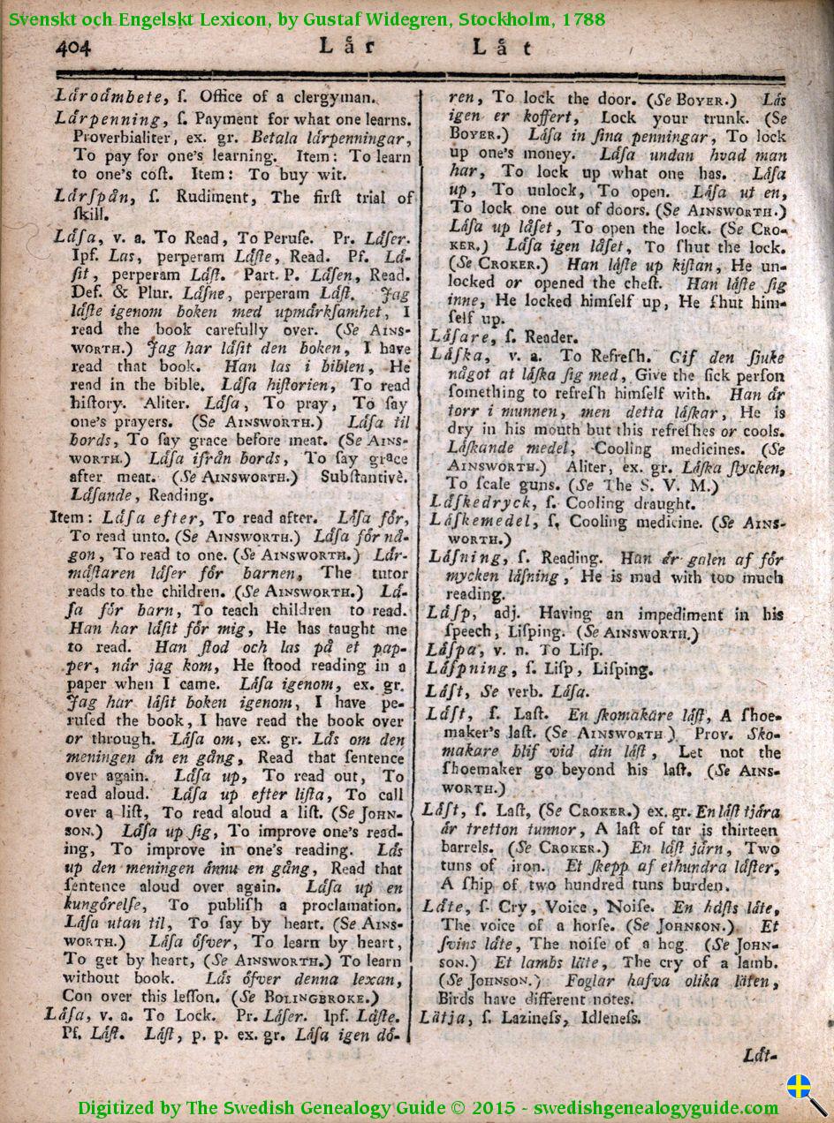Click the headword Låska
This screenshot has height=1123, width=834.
tap(455, 357)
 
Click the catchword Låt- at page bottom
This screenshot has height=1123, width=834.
tap(759, 1054)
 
